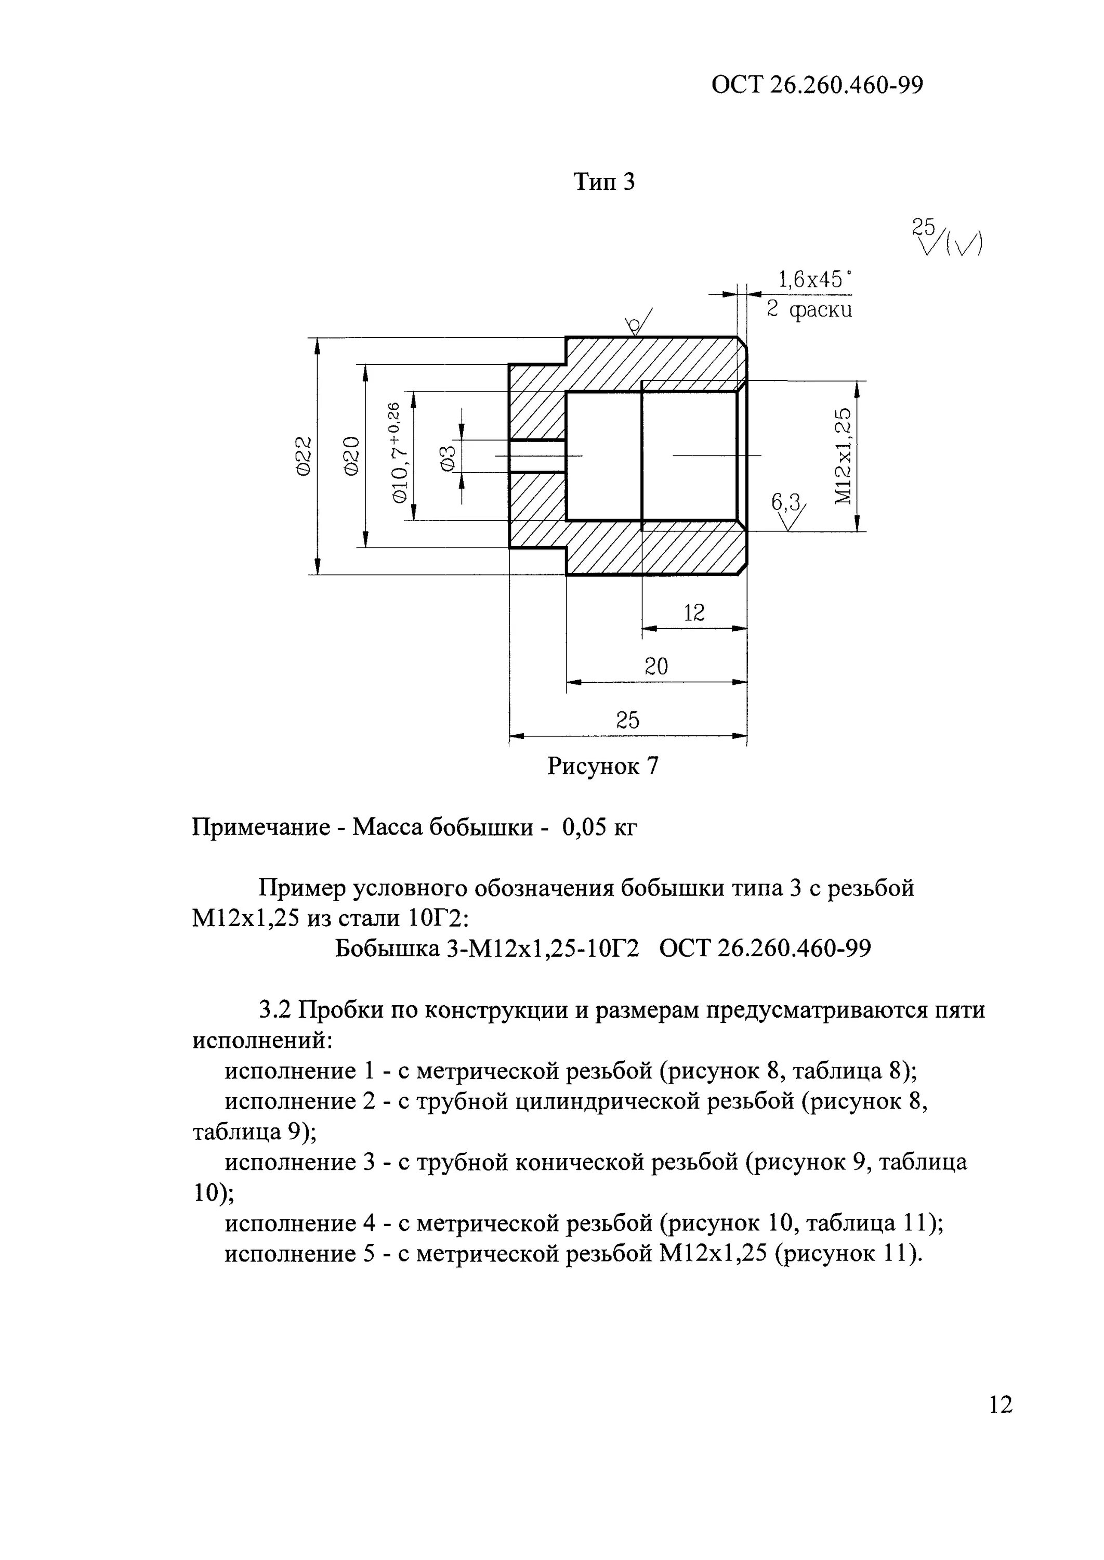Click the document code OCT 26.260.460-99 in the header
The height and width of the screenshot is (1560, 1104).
point(817,85)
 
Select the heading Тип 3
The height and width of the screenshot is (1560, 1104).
point(603,181)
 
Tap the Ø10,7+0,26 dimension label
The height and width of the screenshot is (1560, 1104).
point(397,452)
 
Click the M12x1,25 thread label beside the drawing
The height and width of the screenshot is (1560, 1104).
point(842,456)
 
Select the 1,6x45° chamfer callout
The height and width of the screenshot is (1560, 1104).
point(814,279)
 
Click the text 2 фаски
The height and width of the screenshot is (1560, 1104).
point(809,310)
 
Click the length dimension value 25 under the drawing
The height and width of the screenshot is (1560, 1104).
point(627,720)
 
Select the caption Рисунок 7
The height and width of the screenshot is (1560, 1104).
point(603,766)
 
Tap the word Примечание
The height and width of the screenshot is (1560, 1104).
point(257,828)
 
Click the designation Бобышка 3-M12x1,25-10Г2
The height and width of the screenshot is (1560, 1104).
point(487,948)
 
